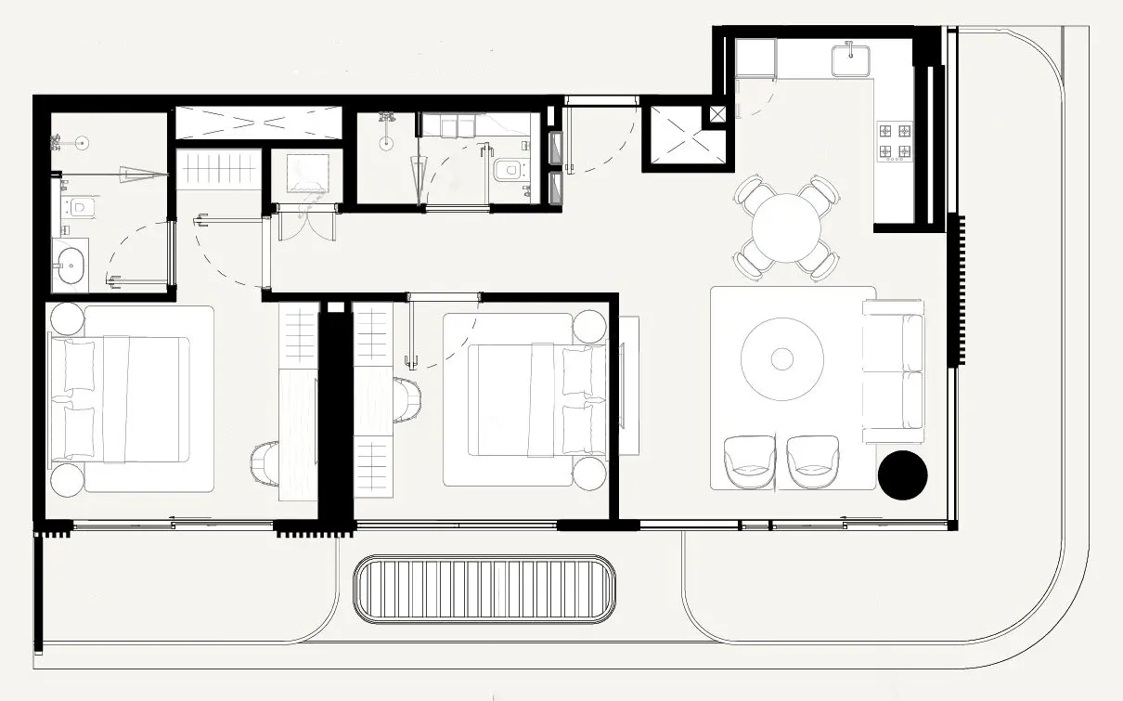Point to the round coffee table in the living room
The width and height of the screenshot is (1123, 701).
coord(782,359)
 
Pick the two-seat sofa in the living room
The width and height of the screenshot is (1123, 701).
coord(894,370)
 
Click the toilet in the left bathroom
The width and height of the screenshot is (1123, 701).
coord(79,206)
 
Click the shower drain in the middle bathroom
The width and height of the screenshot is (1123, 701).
coord(387,144)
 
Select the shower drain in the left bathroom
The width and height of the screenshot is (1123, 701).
coord(82,143)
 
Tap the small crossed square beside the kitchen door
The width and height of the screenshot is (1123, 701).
coord(717,114)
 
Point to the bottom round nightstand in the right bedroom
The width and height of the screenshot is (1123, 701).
coord(589,473)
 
